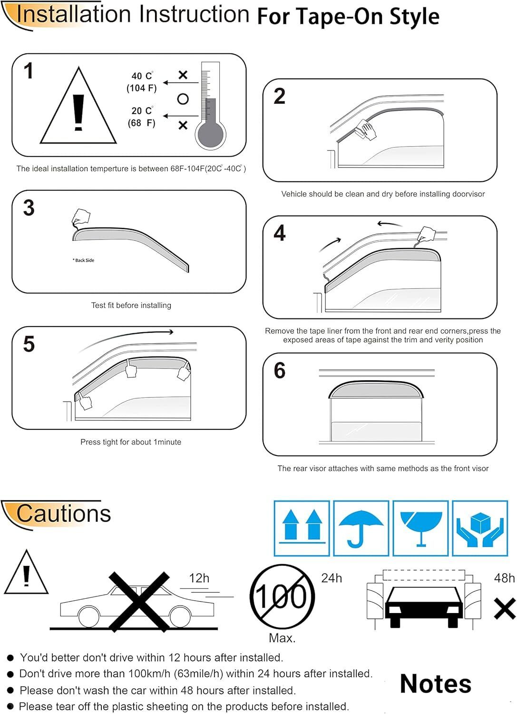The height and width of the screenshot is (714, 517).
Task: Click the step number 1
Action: click(29, 70)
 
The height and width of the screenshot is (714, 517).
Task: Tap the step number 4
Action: click(280, 233)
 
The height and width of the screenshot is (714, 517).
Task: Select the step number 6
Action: click(280, 370)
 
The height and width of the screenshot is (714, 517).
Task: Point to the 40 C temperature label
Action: click(142, 76)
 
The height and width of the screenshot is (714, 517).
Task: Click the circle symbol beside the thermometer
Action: click(183, 99)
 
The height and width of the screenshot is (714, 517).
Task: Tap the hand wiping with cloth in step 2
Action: click(366, 129)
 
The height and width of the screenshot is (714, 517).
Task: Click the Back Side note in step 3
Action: click(83, 260)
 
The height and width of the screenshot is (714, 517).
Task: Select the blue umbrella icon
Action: click(361, 529)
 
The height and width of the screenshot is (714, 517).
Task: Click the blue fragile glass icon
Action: click(421, 529)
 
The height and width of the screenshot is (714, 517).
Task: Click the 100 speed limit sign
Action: click(282, 597)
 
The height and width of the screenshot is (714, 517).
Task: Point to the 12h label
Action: click(199, 578)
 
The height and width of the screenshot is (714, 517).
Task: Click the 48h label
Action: click(504, 578)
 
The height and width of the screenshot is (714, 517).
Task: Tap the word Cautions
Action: click(63, 514)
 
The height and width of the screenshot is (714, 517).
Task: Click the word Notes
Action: click(436, 684)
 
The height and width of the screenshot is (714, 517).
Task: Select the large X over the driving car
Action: click(139, 602)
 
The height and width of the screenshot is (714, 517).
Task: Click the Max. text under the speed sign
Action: click(282, 638)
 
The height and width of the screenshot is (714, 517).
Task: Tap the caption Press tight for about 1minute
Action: click(131, 442)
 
